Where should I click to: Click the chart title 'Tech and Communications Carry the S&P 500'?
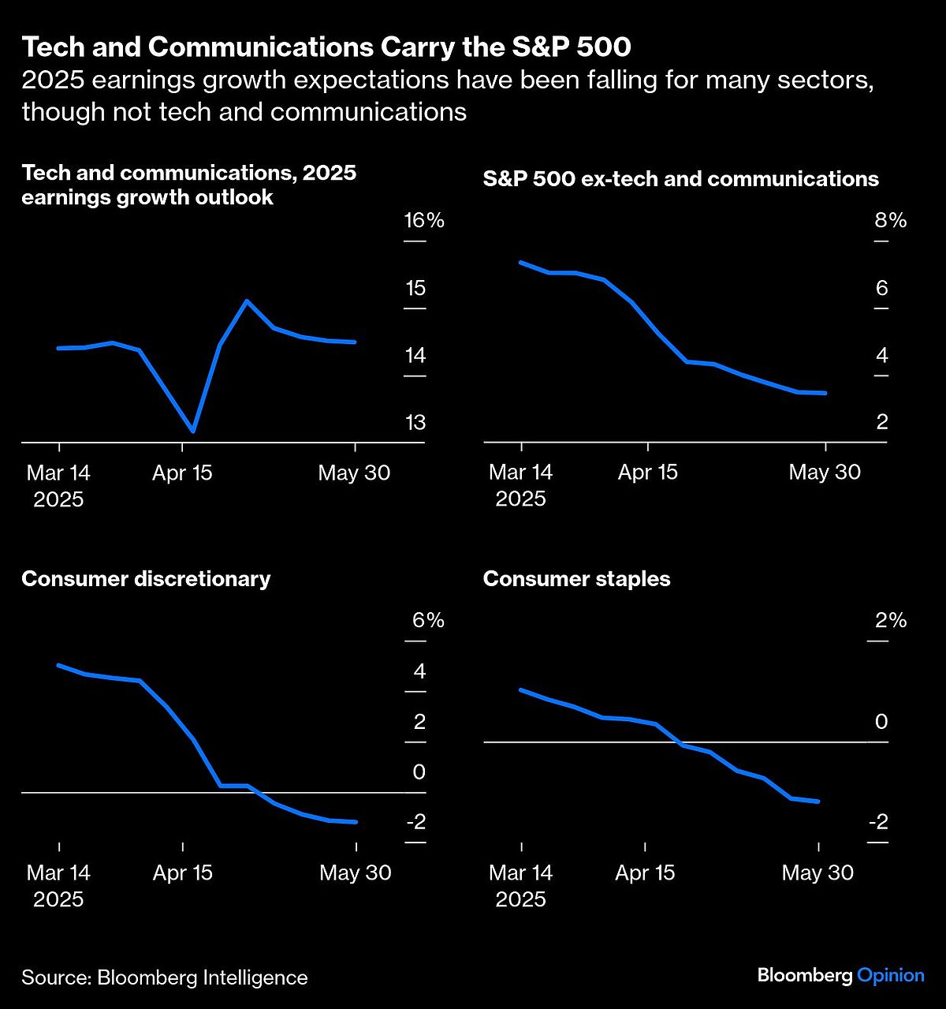point(326,47)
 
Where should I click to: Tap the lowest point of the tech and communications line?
point(192,431)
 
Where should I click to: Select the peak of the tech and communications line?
point(247,301)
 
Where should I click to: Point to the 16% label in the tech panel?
point(424,220)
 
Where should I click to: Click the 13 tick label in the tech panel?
point(415,423)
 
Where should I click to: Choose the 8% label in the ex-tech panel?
point(890,220)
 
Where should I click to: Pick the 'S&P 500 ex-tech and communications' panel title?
point(680,179)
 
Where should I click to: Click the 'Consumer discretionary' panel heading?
point(146,579)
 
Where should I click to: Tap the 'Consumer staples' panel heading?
point(576,579)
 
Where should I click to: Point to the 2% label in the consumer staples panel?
point(891,621)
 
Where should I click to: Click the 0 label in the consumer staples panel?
point(881,722)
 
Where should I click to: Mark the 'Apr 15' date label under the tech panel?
point(182,473)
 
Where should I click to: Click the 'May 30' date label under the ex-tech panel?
point(825,473)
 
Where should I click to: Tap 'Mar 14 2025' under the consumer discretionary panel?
point(58,886)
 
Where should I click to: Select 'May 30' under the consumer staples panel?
point(818,873)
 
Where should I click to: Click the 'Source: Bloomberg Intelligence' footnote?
point(164,977)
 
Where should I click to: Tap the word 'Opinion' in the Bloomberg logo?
point(890,975)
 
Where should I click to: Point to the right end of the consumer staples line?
point(819,802)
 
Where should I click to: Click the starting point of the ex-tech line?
point(521,262)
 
